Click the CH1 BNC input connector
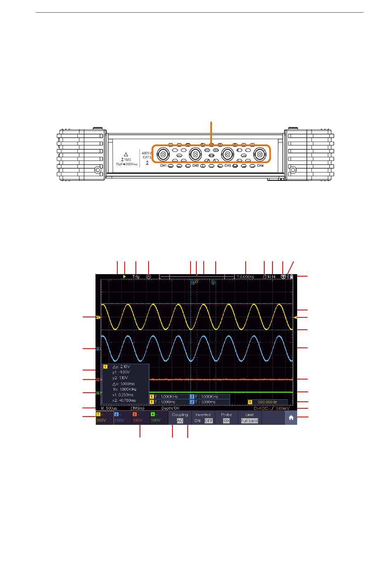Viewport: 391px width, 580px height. [x=163, y=155]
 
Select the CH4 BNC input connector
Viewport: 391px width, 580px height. [x=260, y=155]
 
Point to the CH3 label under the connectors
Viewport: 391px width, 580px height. [x=228, y=165]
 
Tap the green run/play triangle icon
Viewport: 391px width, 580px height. [x=124, y=277]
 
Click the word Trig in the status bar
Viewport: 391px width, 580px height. [x=136, y=277]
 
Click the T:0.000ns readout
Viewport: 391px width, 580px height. [x=246, y=277]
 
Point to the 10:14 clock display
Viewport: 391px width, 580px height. [x=271, y=277]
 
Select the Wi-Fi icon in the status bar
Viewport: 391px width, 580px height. [x=283, y=277]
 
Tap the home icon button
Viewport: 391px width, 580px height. [x=291, y=418]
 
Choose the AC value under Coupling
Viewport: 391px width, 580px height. [x=180, y=421]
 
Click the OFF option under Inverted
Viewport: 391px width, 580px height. [x=209, y=421]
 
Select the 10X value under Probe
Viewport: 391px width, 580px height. [x=226, y=421]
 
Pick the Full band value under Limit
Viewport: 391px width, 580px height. [x=249, y=421]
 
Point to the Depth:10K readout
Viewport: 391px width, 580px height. [x=170, y=408]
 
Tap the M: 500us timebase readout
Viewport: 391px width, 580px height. [x=109, y=408]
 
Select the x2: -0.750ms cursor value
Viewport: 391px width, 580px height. [x=126, y=400]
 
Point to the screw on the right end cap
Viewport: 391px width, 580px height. [x=293, y=170]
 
